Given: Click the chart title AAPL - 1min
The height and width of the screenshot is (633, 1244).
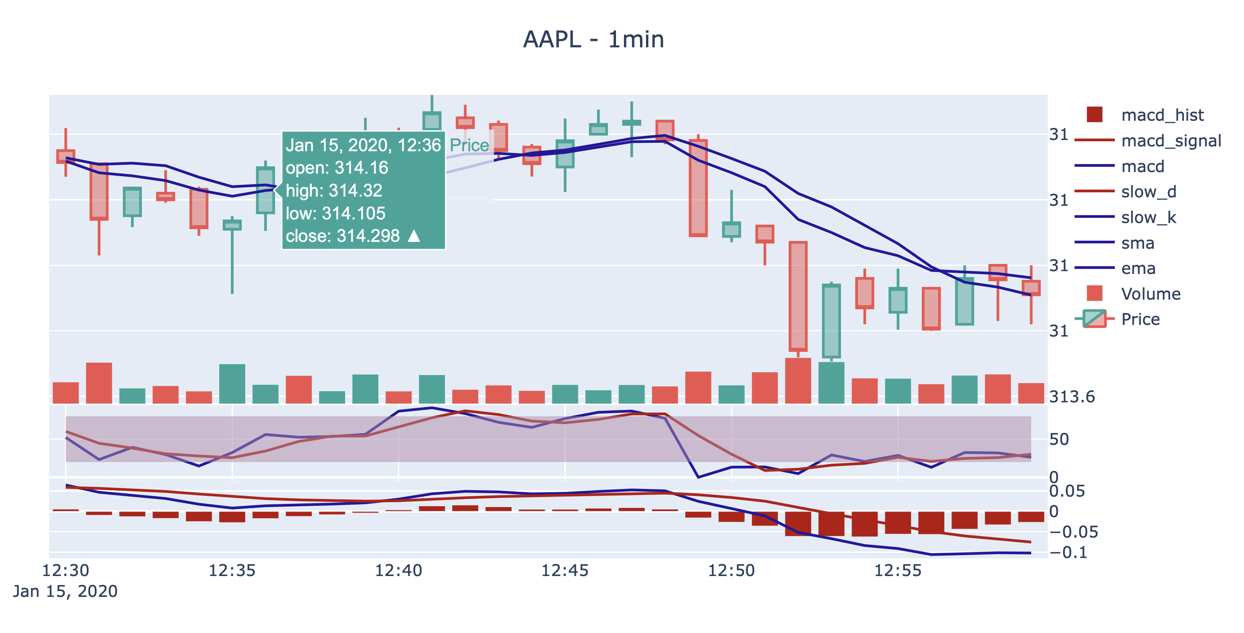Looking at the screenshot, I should click(x=594, y=40).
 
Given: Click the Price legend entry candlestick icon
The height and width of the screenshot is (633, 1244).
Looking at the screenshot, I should click(x=1094, y=319).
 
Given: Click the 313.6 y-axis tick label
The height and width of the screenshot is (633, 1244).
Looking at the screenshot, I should click(x=1072, y=397).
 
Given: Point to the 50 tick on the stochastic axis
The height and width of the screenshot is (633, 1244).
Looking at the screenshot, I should click(x=1059, y=439).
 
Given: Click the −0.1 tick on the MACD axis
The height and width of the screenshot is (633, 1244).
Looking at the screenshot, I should click(x=1068, y=552).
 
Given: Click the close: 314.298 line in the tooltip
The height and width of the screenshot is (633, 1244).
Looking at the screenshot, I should click(x=343, y=236).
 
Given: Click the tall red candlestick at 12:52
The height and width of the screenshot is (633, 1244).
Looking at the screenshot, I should click(x=798, y=296).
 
